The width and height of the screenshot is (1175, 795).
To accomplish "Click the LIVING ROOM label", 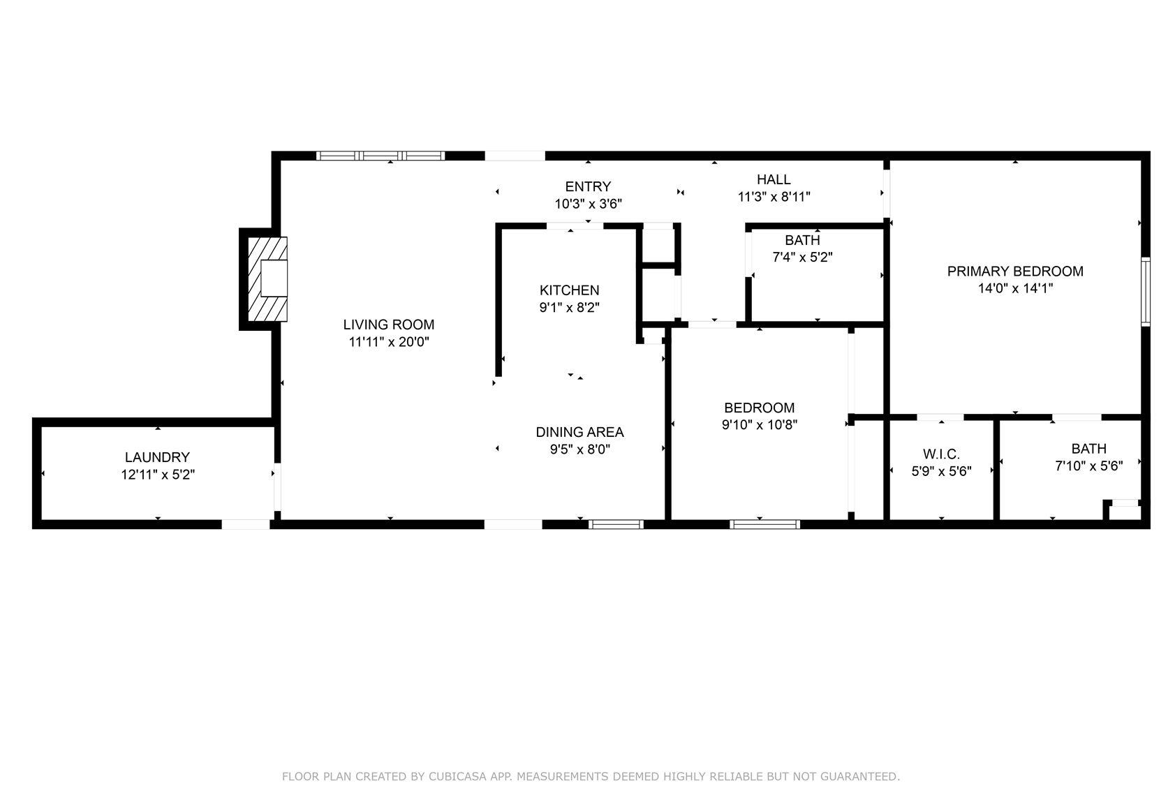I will (x=388, y=325).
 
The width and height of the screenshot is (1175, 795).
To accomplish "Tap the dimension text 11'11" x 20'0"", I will (x=388, y=342).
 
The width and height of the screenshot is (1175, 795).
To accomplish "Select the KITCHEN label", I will (x=569, y=290).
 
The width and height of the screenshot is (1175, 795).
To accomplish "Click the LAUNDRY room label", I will (x=157, y=457).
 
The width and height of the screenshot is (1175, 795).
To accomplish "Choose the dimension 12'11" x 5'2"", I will (x=157, y=475).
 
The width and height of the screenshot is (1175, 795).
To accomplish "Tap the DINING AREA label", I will (x=579, y=432).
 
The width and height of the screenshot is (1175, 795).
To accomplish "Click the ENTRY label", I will (x=588, y=186).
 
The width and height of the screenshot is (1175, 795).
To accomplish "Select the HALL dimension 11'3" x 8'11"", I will (x=774, y=197).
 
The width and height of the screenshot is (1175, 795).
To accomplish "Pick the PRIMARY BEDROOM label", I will (x=1015, y=272).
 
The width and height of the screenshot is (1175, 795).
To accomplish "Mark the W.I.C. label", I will (x=941, y=454).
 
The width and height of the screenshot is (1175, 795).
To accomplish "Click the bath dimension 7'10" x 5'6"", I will (x=1088, y=466).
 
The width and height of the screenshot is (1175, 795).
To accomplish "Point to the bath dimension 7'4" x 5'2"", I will (x=802, y=257).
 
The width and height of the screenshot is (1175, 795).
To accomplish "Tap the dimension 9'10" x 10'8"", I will (x=759, y=424).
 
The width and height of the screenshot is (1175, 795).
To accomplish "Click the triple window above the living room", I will (x=380, y=156).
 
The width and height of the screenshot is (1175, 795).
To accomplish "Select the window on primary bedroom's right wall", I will (x=1145, y=292).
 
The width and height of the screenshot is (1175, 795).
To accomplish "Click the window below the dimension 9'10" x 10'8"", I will (x=764, y=524).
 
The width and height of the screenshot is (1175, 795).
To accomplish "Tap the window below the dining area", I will (x=616, y=524).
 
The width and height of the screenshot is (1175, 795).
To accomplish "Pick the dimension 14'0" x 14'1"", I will (x=1015, y=288).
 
